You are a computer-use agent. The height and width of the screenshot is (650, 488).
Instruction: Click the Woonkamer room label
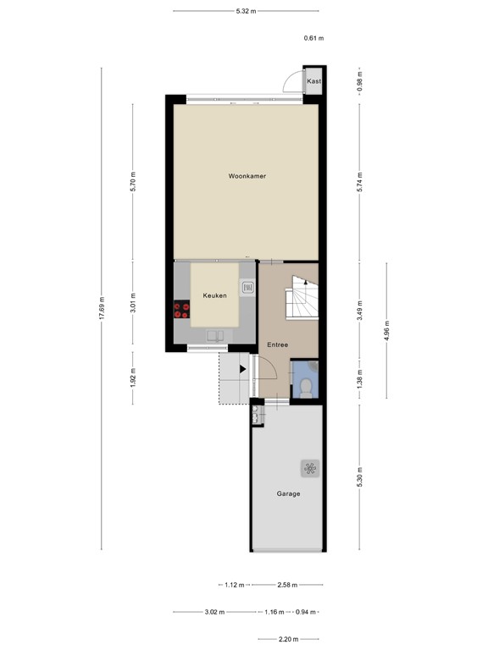(247, 176)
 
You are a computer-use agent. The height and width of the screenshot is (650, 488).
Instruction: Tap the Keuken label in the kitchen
(213, 295)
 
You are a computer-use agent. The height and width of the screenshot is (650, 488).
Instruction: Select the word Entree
(277, 344)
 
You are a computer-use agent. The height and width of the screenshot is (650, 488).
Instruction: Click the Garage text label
(288, 493)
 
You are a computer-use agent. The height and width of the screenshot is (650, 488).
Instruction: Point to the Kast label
(313, 81)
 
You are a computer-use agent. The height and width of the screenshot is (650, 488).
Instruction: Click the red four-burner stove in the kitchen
(181, 310)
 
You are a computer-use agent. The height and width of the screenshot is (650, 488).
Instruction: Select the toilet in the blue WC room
(306, 388)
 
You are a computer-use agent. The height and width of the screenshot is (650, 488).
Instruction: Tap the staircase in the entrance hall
(302, 301)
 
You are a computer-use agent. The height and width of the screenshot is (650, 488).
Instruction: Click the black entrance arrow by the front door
(243, 368)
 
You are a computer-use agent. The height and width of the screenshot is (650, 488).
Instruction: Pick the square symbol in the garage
(308, 466)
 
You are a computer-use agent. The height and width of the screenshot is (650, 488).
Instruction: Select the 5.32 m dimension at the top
(246, 11)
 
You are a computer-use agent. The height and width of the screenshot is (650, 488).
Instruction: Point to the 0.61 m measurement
(314, 38)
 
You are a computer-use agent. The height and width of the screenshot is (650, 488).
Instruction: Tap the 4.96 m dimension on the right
(387, 330)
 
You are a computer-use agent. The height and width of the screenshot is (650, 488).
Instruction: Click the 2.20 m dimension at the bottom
(289, 639)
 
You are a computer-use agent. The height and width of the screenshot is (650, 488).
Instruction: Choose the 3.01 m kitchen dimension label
(133, 304)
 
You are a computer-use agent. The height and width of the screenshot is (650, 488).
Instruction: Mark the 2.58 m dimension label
(288, 585)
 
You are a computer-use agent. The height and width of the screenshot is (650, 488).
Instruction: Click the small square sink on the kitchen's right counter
(247, 289)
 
